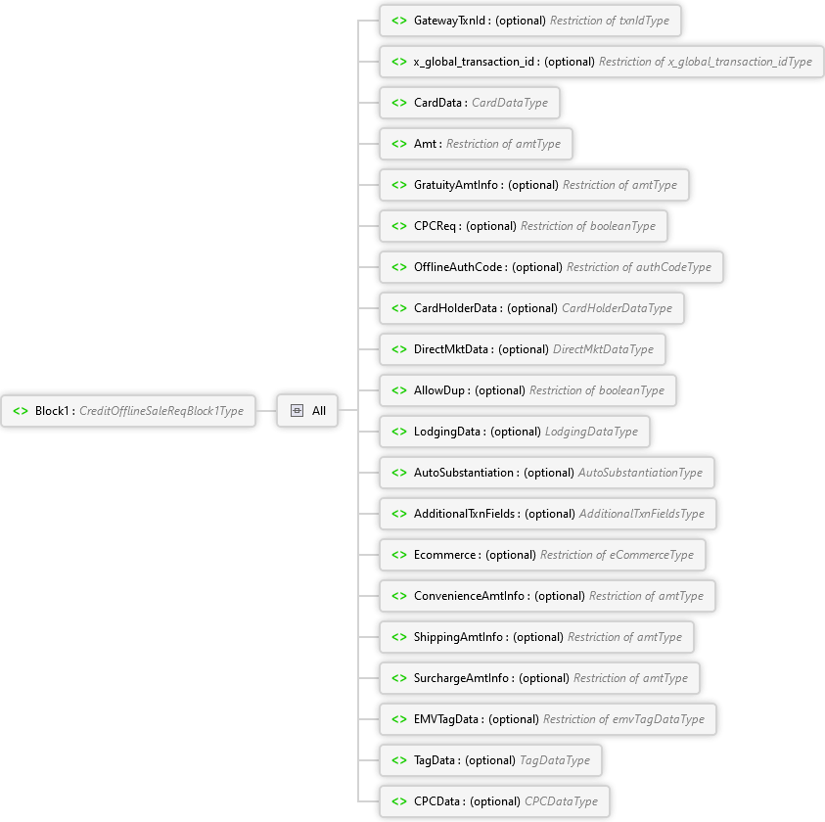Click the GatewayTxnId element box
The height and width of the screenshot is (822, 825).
point(529,21)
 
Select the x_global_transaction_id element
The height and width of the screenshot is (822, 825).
point(601,62)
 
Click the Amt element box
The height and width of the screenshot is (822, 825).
point(476,144)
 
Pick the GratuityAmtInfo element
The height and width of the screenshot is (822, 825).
point(533,185)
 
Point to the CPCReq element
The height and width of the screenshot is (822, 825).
point(523,226)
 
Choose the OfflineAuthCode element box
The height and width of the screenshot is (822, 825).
point(551,267)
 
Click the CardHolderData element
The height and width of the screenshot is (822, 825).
point(531,308)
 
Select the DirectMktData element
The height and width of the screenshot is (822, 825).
point(522,349)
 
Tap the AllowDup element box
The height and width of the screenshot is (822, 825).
point(527,390)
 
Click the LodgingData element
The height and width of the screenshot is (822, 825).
point(514,432)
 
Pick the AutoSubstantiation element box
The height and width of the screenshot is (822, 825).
point(546,473)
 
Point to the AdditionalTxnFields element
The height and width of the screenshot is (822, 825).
point(547,514)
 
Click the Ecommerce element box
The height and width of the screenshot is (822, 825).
point(542,555)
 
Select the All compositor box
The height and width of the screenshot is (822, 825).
point(308,411)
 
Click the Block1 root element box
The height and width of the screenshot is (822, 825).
point(128,411)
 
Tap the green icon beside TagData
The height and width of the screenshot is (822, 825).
point(398,760)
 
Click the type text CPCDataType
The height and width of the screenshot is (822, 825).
point(561,801)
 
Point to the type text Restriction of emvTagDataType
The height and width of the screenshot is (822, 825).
point(623,719)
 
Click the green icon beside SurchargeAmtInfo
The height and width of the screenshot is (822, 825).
point(398,678)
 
